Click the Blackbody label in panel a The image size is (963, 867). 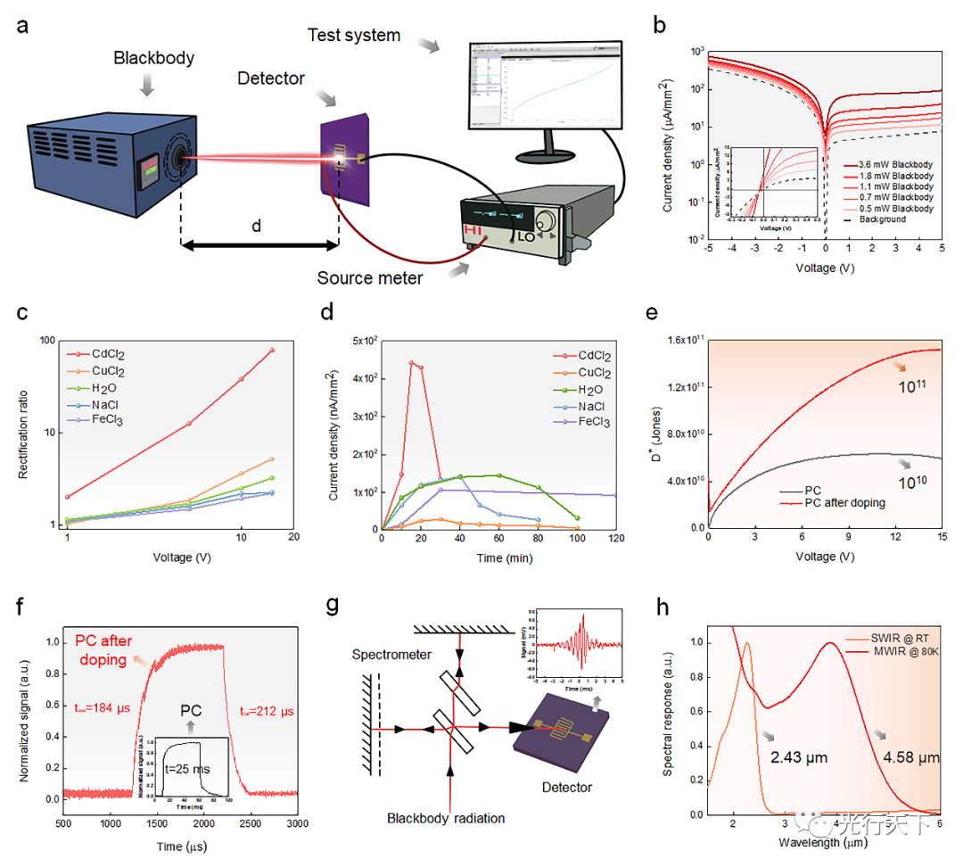pyautogui.click(x=152, y=58)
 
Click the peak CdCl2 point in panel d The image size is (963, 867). pyautogui.click(x=412, y=362)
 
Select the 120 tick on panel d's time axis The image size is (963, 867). pyautogui.click(x=616, y=539)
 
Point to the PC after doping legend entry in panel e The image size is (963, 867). pyautogui.click(x=843, y=503)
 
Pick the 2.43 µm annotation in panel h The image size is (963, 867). pyautogui.click(x=800, y=757)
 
